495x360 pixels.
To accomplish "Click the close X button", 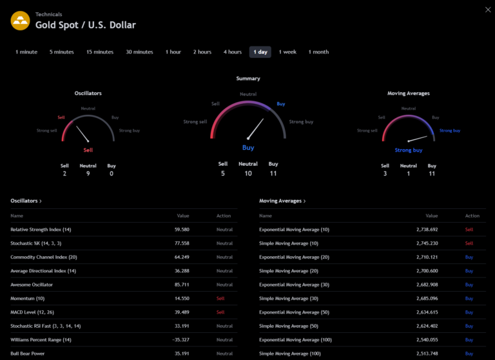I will (487, 9).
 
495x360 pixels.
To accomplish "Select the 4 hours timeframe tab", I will (233, 52).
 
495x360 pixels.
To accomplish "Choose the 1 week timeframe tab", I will (287, 52).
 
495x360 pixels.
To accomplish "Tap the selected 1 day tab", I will (260, 52).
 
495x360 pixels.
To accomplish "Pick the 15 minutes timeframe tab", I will (100, 52).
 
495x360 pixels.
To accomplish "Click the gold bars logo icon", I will (21, 21).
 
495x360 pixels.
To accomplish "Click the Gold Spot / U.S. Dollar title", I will (86, 25).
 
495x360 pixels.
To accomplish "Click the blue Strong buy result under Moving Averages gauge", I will (409, 150).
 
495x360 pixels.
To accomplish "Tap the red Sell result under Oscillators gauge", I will (88, 150).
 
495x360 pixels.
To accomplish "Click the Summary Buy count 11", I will (273, 174).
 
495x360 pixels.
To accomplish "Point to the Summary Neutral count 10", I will (248, 174).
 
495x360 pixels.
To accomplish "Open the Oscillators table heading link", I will (26, 201).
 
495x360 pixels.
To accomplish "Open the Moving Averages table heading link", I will (282, 201).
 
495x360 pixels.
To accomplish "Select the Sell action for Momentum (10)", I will (220, 299).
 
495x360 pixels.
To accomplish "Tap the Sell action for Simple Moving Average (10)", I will (469, 243).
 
